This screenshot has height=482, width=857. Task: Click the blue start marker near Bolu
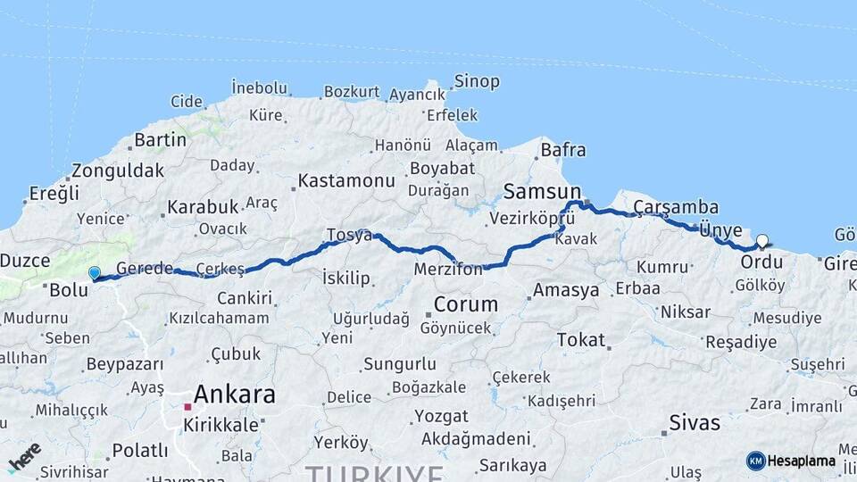click(x=94, y=273)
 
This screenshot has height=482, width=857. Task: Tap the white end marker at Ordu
click(x=761, y=241)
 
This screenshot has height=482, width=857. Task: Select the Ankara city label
click(x=235, y=394)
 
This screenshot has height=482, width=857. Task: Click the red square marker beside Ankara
click(x=187, y=407)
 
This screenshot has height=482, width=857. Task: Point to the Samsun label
click(x=542, y=191)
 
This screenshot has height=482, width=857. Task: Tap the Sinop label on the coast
click(x=477, y=81)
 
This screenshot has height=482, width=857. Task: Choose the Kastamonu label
click(x=345, y=180)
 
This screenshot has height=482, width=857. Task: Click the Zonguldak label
click(x=118, y=170)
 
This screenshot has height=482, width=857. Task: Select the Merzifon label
click(x=448, y=269)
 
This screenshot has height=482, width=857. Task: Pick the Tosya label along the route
click(x=348, y=235)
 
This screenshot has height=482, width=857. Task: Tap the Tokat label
click(x=580, y=340)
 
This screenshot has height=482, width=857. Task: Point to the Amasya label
click(x=566, y=290)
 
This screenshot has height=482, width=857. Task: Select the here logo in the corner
click(x=24, y=457)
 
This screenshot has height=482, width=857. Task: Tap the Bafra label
click(x=563, y=150)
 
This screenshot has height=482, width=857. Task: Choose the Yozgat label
click(x=442, y=416)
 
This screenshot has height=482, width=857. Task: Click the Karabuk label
click(x=203, y=207)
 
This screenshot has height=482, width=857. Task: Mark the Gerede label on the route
click(x=144, y=269)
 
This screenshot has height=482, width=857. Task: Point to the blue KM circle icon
click(x=756, y=461)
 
